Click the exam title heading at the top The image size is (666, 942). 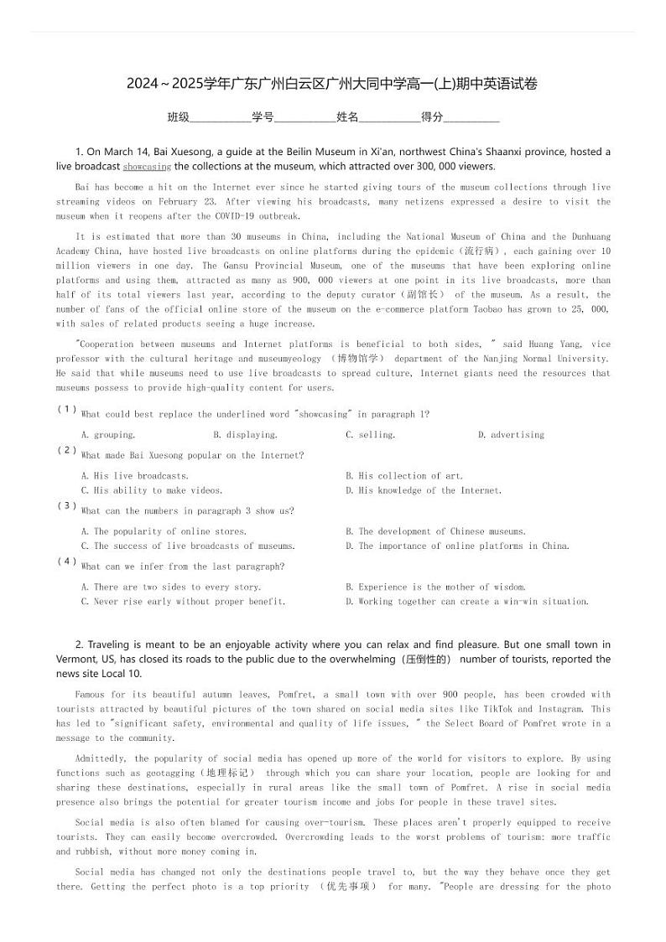(x=332, y=84)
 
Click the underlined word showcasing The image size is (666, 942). (x=147, y=167)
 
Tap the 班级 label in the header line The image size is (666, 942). (x=179, y=117)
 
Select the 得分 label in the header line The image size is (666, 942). (x=432, y=117)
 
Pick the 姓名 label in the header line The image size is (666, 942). (x=347, y=117)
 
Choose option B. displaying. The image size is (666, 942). (x=245, y=435)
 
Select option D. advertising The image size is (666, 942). (x=511, y=435)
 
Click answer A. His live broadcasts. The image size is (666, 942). (x=134, y=476)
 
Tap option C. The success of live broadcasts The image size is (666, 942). (x=188, y=546)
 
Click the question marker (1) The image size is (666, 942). (x=67, y=409)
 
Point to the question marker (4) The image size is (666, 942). (x=67, y=562)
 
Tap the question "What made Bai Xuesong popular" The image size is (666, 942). (x=192, y=456)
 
